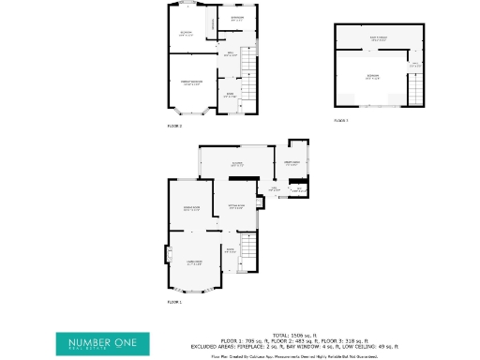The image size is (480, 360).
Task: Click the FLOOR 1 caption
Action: click(174, 302)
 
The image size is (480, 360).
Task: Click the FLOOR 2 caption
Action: click(174, 125)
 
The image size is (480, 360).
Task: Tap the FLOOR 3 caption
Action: click(341, 121)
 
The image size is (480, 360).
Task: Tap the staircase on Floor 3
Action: click(413, 90)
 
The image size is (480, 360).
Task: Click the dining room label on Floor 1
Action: click(192, 208)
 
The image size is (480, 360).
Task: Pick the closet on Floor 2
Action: click(212, 21)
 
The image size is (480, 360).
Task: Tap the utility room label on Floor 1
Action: click(292, 163)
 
